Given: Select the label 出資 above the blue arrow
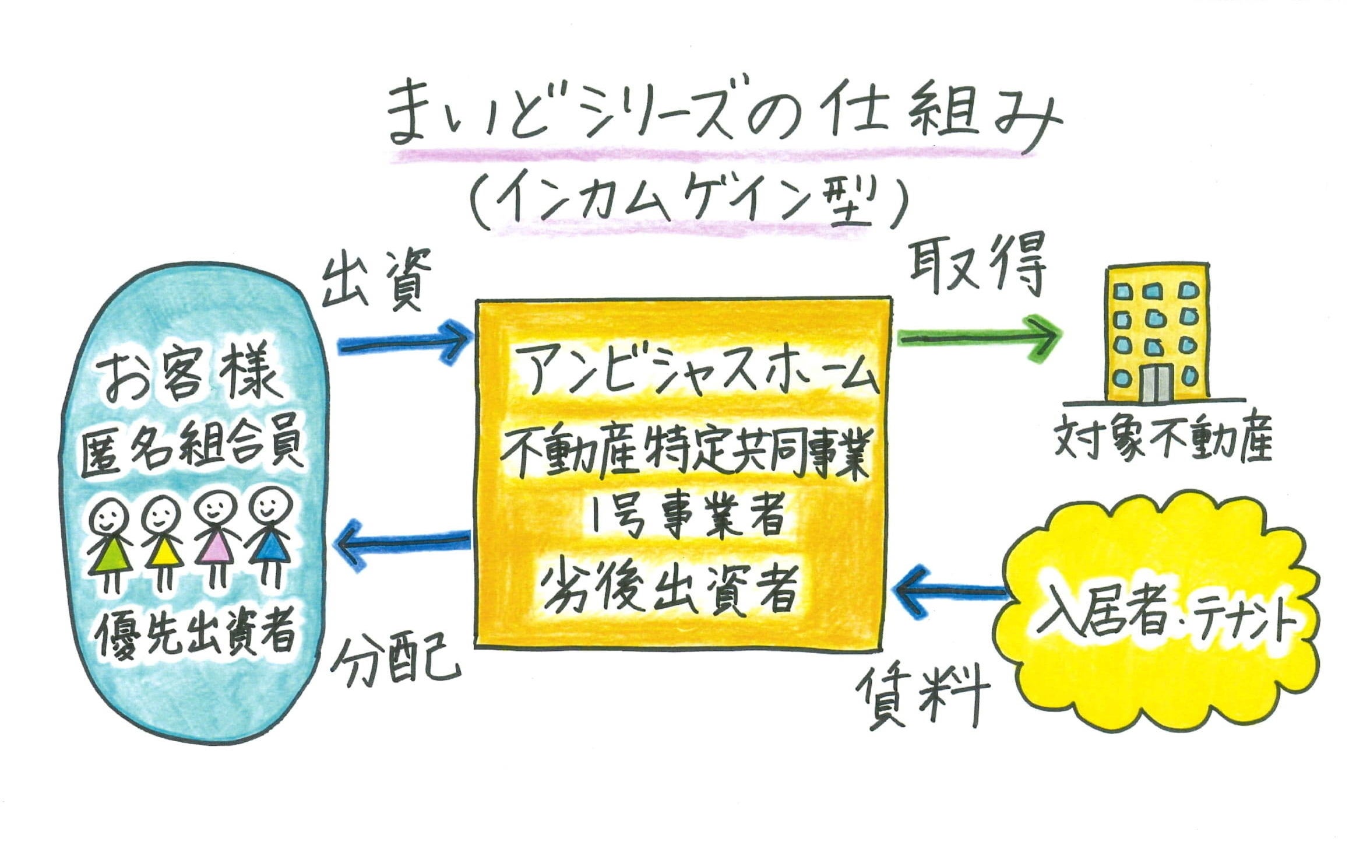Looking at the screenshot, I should coord(376,278).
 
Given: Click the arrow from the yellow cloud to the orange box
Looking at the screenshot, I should coord(953,590).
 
